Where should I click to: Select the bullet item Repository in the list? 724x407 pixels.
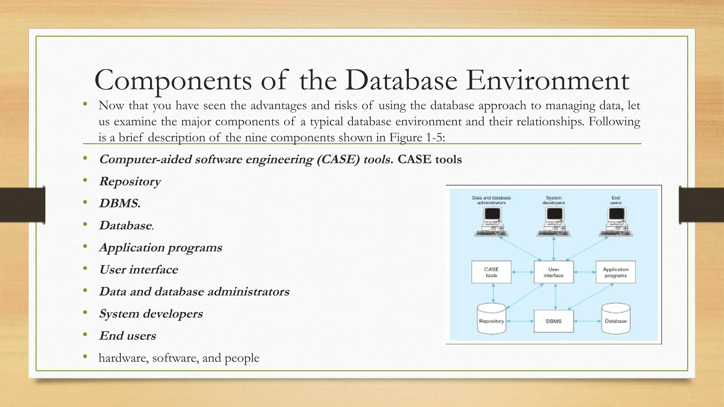130,181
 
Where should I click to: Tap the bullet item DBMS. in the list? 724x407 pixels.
119,203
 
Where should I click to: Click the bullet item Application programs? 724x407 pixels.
160,247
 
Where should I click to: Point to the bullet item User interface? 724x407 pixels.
138,270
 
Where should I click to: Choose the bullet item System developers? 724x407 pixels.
151,314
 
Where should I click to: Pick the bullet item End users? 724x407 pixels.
127,336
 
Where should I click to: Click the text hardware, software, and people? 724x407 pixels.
179,358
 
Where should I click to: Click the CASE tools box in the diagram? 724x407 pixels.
491,272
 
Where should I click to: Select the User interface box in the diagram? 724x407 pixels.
554,272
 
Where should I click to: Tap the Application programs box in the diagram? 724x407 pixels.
615,272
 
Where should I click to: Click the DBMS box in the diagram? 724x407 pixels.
554,321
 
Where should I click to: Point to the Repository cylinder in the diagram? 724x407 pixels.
491,319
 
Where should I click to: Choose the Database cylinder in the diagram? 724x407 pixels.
615,319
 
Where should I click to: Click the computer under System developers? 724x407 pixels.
554,222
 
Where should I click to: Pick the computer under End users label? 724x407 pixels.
616,222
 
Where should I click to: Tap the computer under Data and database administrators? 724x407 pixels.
491,222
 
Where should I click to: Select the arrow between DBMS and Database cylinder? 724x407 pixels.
587,321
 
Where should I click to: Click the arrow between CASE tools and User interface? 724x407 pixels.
522,272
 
